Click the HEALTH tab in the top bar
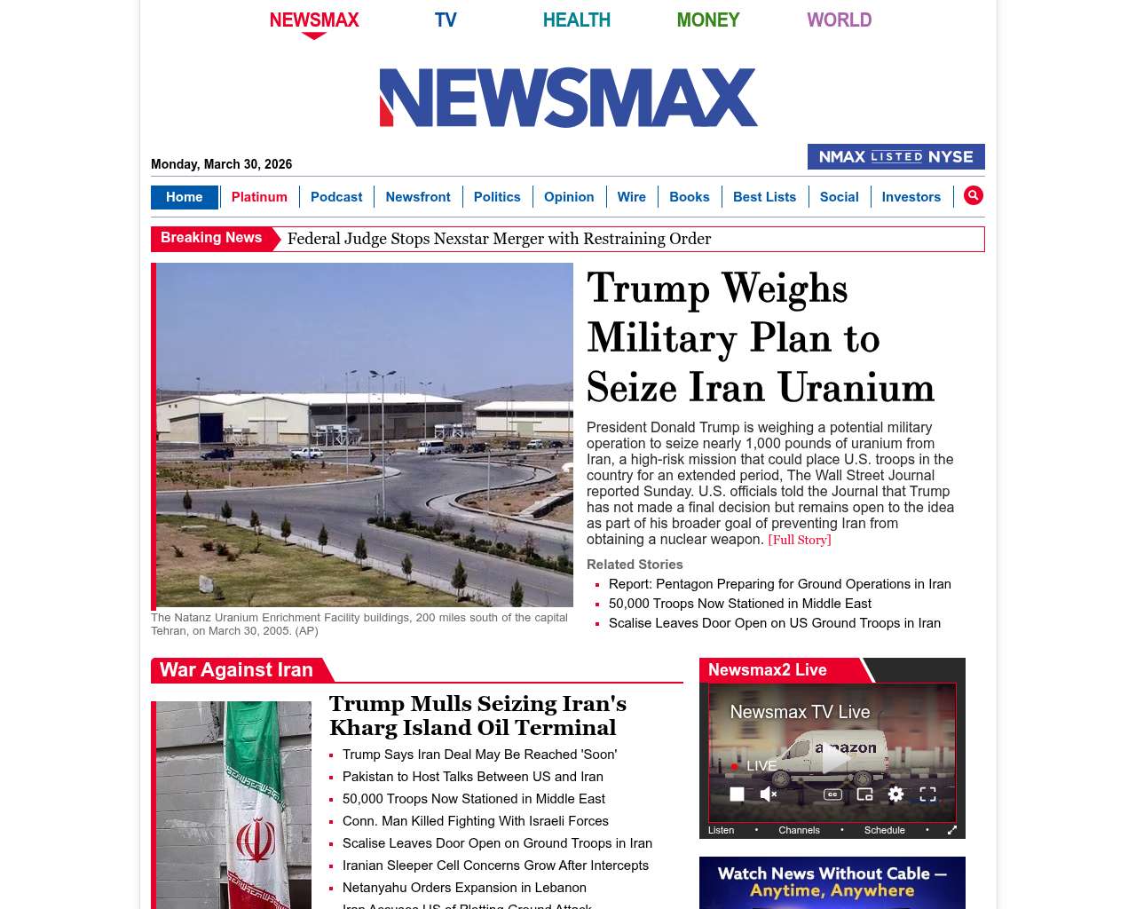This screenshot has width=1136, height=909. pyautogui.click(x=576, y=20)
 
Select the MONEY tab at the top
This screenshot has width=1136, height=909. pyautogui.click(x=707, y=20)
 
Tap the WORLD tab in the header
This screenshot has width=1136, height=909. pyautogui.click(x=839, y=20)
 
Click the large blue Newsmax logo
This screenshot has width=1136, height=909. pyautogui.click(x=568, y=98)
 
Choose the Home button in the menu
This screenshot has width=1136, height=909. pyautogui.click(x=184, y=197)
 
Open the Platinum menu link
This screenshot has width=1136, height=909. pyautogui.click(x=259, y=197)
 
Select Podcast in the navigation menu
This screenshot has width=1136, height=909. pyautogui.click(x=336, y=197)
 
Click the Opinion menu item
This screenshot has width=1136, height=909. pyautogui.click(x=569, y=197)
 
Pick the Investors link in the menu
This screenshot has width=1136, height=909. pyautogui.click(x=911, y=197)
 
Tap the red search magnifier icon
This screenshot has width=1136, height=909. pyautogui.click(x=974, y=195)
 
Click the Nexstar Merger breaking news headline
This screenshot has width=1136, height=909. pyautogui.click(x=499, y=239)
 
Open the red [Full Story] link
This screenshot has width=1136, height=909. pyautogui.click(x=800, y=540)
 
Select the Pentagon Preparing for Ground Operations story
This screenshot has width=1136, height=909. pyautogui.click(x=779, y=584)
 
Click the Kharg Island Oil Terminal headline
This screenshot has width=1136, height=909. pyautogui.click(x=477, y=715)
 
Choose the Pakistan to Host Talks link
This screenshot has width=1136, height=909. pyautogui.click(x=472, y=777)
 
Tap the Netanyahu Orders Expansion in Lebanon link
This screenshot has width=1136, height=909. pyautogui.click(x=464, y=888)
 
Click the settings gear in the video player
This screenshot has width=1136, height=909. pyautogui.click(x=895, y=794)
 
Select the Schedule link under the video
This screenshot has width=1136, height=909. pyautogui.click(x=885, y=830)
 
